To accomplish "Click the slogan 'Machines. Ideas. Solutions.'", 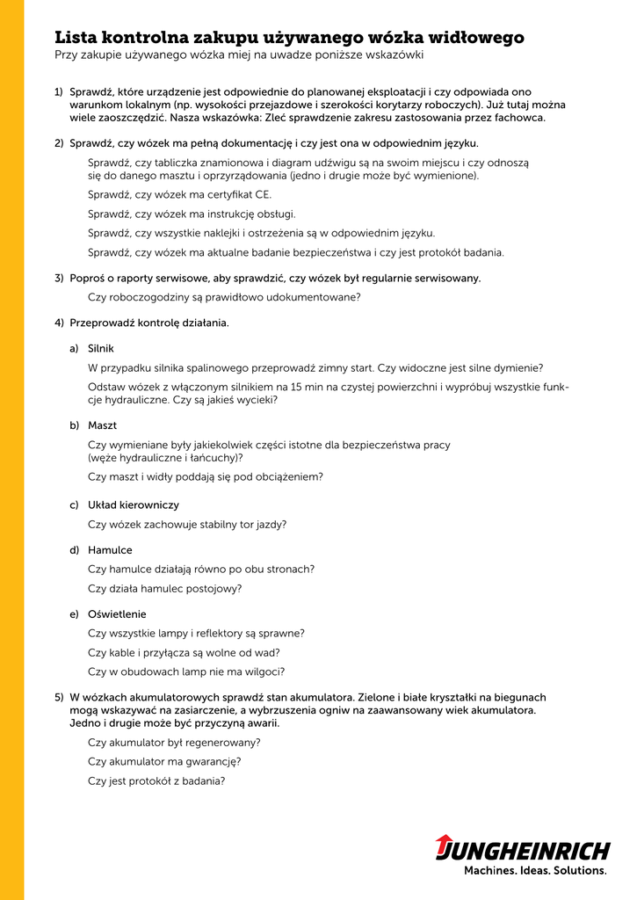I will pyautogui.click(x=535, y=871).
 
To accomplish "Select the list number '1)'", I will pyautogui.click(x=59, y=91).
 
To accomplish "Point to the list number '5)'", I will pyautogui.click(x=59, y=697).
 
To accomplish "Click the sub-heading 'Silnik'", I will pyautogui.click(x=101, y=349).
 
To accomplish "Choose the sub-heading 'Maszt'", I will pyautogui.click(x=102, y=425).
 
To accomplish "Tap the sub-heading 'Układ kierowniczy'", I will pyautogui.click(x=134, y=505).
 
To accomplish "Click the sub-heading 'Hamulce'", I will pyautogui.click(x=110, y=550).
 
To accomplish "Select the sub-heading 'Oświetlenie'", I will pyautogui.click(x=117, y=613).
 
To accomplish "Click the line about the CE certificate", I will pyautogui.click(x=179, y=194).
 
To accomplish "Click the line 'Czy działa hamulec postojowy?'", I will pyautogui.click(x=164, y=589).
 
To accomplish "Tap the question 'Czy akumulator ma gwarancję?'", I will pyautogui.click(x=164, y=761).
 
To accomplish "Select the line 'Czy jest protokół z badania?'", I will pyautogui.click(x=156, y=780).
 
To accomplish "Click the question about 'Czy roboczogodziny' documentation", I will pyautogui.click(x=224, y=297).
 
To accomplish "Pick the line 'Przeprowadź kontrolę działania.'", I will pyautogui.click(x=149, y=323).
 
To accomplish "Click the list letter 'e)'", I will pyautogui.click(x=75, y=613).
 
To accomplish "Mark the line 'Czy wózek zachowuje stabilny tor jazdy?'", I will pyautogui.click(x=187, y=525).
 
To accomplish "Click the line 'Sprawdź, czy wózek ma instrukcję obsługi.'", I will pyautogui.click(x=192, y=214).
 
